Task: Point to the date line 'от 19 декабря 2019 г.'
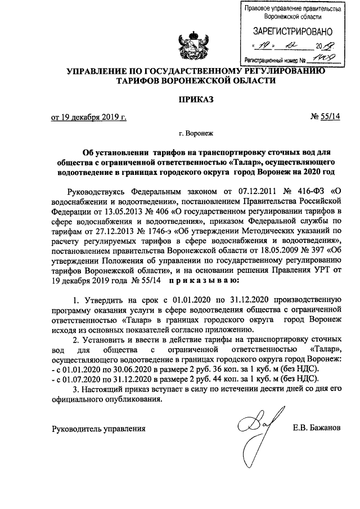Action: [x=89, y=118]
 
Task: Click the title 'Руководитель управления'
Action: [x=98, y=429]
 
